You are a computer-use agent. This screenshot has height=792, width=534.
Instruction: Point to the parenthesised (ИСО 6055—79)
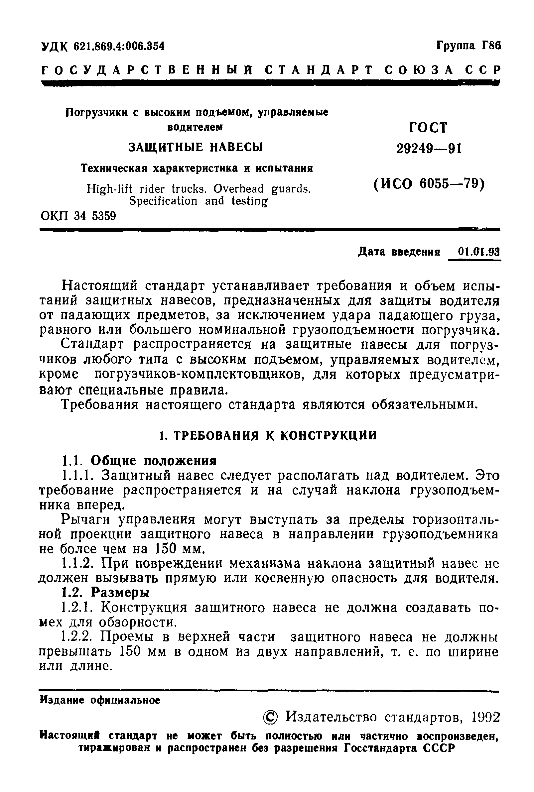coord(428,184)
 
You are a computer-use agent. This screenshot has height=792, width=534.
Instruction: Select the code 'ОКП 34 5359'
coord(78,216)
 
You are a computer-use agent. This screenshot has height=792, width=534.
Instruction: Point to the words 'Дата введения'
coord(399,252)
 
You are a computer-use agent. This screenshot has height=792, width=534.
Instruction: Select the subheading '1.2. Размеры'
coord(106,593)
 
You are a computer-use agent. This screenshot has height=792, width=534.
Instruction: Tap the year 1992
coord(485,717)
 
